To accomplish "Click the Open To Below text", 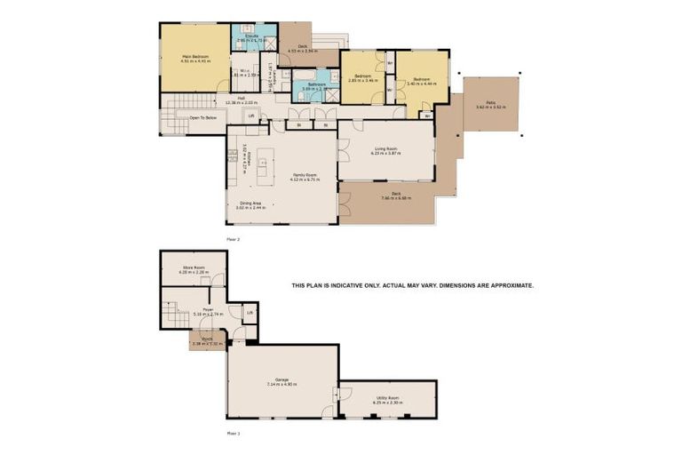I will tap(202, 116).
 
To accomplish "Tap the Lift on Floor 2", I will tap(251, 115).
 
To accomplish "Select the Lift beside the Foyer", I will tap(250, 312).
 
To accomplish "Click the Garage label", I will tap(282, 379).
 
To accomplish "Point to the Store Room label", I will tap(194, 267).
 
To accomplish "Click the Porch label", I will tap(206, 338).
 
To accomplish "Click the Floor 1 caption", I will tap(233, 433).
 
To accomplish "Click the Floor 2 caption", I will tap(234, 239).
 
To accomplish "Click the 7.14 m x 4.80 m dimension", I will tap(282, 385).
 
